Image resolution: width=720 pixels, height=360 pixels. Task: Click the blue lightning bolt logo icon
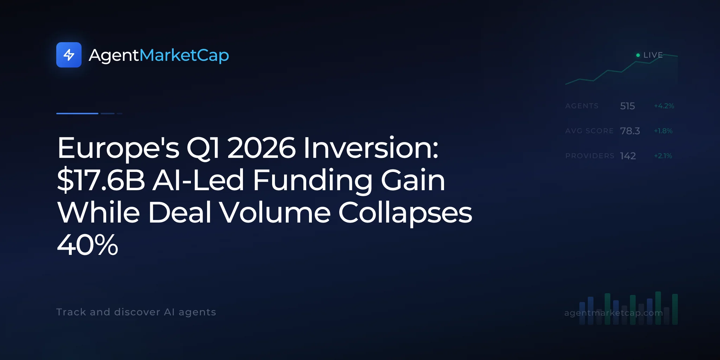[x=69, y=55]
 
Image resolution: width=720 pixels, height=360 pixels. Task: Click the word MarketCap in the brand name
[x=184, y=56]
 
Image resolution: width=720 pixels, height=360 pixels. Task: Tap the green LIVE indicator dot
[x=638, y=55]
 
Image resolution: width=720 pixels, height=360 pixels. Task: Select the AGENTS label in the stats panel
[x=582, y=106]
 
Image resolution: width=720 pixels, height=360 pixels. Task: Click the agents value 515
[x=628, y=106]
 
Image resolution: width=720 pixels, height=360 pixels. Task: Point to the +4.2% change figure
[x=664, y=106]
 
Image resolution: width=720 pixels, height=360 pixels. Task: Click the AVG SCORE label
[x=589, y=131]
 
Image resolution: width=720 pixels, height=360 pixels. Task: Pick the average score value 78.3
[x=630, y=131]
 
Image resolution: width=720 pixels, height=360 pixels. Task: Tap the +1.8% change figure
[x=663, y=131]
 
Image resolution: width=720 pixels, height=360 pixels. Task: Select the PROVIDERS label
[x=590, y=156]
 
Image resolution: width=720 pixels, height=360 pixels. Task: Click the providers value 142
[x=628, y=156]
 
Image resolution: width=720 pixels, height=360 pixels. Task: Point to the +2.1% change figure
[x=663, y=156]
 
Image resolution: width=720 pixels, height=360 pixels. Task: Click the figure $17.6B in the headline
[x=101, y=180]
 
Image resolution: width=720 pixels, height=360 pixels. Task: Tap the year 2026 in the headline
[x=262, y=148]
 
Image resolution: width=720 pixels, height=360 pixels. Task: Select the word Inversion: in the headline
[x=371, y=148]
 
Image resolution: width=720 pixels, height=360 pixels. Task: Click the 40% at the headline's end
[x=88, y=245]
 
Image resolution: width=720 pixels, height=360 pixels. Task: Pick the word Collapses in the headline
[x=405, y=213]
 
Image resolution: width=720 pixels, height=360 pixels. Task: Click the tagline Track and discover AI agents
[x=136, y=312]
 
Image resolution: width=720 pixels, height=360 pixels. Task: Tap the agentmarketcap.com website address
[x=613, y=313]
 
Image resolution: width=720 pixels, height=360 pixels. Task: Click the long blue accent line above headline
[x=77, y=114]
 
